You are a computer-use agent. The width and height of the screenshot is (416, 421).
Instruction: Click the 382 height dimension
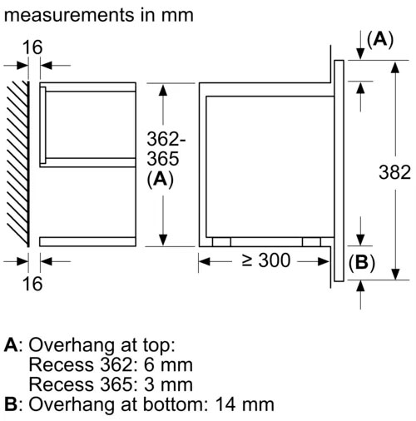pos(394,172)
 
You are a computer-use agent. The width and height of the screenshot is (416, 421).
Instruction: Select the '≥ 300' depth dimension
pos(266,260)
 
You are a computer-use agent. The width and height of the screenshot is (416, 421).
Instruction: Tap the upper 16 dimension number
pos(32,47)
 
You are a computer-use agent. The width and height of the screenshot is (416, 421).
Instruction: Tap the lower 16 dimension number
pos(32,284)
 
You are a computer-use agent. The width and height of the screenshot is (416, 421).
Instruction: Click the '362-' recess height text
pos(166,139)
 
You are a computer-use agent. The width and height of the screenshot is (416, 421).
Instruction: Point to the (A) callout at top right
pos(380,40)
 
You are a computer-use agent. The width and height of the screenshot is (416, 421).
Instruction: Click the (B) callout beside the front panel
pos(362,262)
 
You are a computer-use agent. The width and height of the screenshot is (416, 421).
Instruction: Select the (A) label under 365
pos(160,180)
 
